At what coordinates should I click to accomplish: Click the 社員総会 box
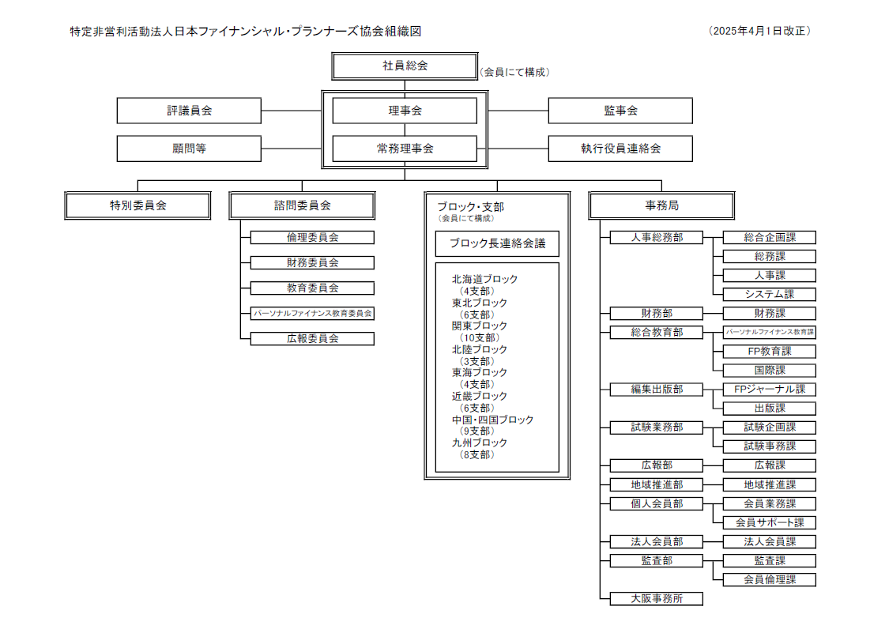coord(405,66)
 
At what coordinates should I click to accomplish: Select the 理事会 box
coord(405,111)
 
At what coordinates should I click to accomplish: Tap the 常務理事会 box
coord(405,149)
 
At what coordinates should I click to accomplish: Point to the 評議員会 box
coord(189,111)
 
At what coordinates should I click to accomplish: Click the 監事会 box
coord(620,111)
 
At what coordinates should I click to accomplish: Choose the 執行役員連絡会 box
coord(620,149)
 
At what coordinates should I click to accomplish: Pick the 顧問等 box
coord(189,149)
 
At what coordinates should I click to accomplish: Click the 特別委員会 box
coord(138,205)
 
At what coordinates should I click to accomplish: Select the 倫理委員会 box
coord(312,237)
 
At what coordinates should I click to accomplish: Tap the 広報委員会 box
coord(312,338)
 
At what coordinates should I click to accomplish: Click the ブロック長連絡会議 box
coord(497,243)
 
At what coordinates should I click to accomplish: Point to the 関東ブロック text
coord(479,326)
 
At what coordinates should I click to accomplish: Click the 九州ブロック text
coord(479,443)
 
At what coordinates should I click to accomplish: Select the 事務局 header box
coord(661,205)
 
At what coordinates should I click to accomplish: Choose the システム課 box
coord(770,294)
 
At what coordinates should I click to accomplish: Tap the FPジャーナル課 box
coord(770,389)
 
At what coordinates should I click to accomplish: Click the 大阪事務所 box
coord(656,598)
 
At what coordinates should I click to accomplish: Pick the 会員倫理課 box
coord(770,579)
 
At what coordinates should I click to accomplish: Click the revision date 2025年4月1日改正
coord(760,32)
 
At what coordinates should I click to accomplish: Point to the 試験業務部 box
coord(656,427)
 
